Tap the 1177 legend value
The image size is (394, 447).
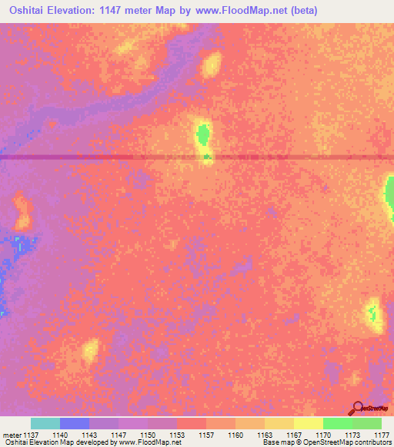(x=382, y=434)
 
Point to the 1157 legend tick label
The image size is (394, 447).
(x=206, y=434)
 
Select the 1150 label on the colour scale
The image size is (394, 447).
(x=148, y=434)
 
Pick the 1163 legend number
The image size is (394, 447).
(x=265, y=434)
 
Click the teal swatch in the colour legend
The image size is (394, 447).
(x=45, y=423)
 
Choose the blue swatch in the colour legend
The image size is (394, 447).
(x=75, y=423)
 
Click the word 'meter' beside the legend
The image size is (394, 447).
(x=10, y=434)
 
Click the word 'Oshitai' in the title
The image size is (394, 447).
(x=30, y=10)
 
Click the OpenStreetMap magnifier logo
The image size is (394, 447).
(x=359, y=409)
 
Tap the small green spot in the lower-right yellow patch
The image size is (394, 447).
(x=373, y=313)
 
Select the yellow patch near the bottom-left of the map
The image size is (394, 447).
(x=90, y=351)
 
